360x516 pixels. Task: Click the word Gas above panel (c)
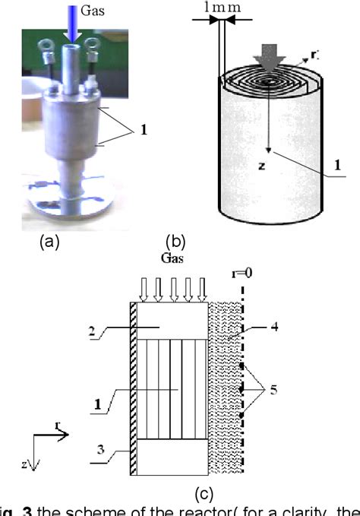[174, 258]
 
